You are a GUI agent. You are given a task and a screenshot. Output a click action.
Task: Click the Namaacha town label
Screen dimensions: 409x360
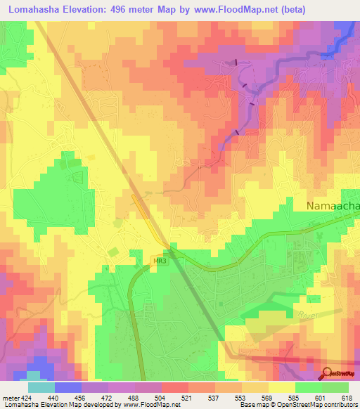pos(333,205)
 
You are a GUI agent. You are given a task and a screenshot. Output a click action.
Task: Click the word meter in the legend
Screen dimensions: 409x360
pos(9,397)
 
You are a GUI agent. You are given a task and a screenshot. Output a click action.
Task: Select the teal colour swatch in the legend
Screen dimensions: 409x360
pos(41,387)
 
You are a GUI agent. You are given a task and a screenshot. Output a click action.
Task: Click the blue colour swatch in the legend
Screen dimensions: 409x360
pos(68,387)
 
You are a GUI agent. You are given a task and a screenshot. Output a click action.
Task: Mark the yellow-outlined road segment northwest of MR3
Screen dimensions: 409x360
pos(148,216)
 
